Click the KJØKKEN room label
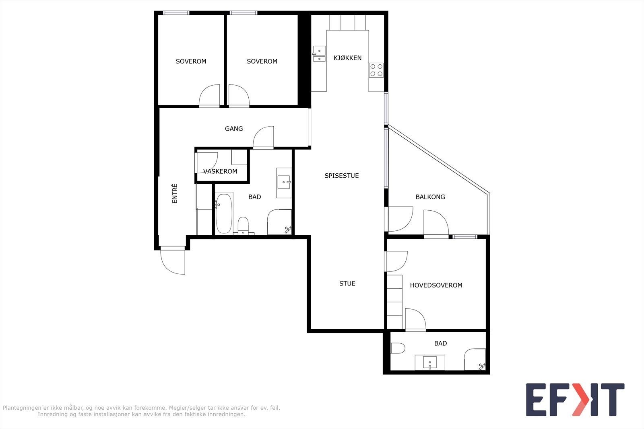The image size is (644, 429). click(347, 58)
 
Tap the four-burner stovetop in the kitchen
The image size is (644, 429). click(377, 70)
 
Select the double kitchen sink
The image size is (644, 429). click(319, 54)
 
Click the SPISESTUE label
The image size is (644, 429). click(341, 176)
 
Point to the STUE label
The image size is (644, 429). click(347, 283)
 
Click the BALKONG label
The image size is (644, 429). click(430, 197)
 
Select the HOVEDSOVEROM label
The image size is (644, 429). click(436, 285)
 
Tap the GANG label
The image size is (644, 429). click(234, 129)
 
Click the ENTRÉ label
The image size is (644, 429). click(175, 193)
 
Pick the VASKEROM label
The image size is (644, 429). click(220, 172)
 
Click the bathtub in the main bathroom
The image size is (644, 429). click(224, 213)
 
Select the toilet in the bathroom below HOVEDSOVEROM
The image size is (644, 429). click(397, 348)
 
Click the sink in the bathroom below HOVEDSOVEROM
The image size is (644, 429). click(430, 363)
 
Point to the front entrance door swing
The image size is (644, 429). click(173, 261)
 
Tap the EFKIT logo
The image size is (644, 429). click(575, 400)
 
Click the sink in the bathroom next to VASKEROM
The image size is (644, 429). click(285, 183)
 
